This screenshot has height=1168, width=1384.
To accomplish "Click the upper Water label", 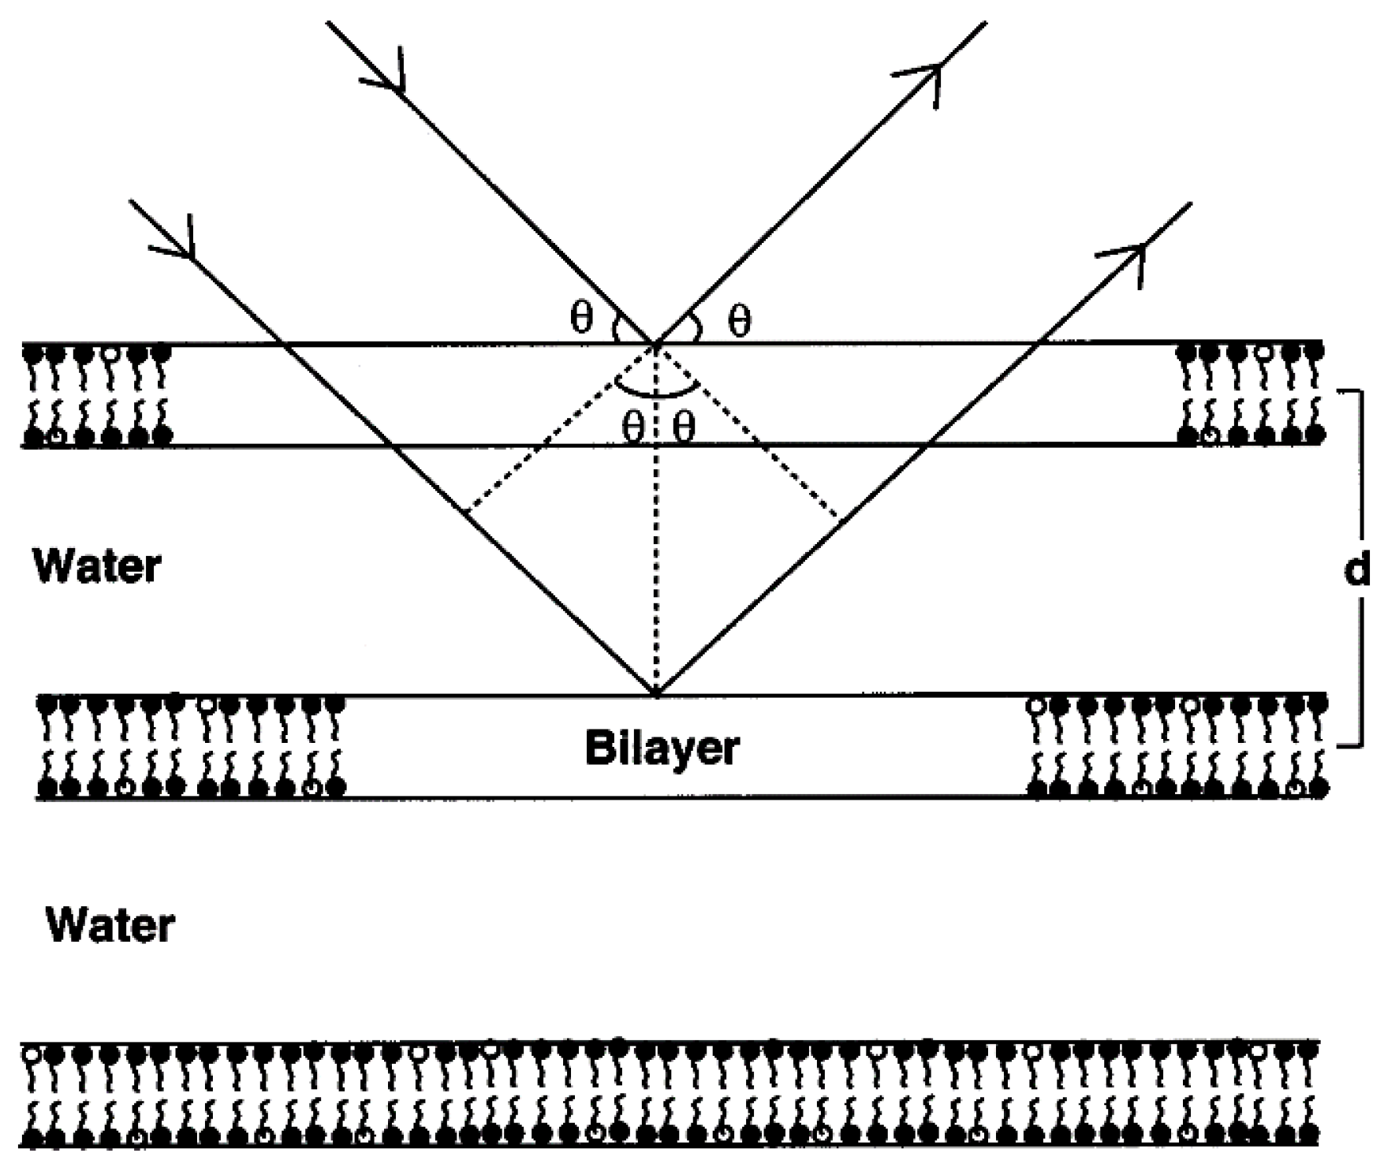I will tap(96, 566).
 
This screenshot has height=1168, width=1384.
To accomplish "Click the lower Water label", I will tap(110, 925).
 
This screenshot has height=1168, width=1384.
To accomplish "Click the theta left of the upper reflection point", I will tap(580, 318).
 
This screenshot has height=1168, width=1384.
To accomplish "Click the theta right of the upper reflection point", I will tap(739, 320).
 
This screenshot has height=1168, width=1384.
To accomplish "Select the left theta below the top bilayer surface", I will tap(632, 428).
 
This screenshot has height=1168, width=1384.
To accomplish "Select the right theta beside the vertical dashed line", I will tap(685, 428).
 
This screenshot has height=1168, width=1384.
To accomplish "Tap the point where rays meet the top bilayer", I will tap(655, 344).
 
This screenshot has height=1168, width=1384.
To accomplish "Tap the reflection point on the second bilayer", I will tap(655, 695).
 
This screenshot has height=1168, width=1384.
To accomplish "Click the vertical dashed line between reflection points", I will tap(655, 552).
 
